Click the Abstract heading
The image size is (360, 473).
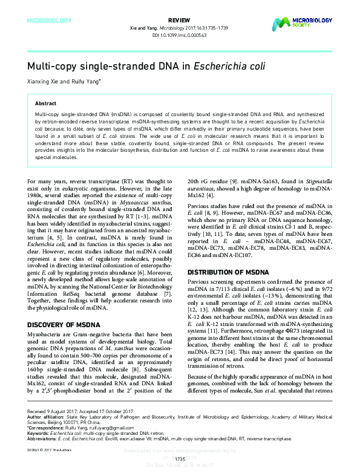click(46, 103)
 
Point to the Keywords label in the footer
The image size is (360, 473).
click(38, 435)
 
